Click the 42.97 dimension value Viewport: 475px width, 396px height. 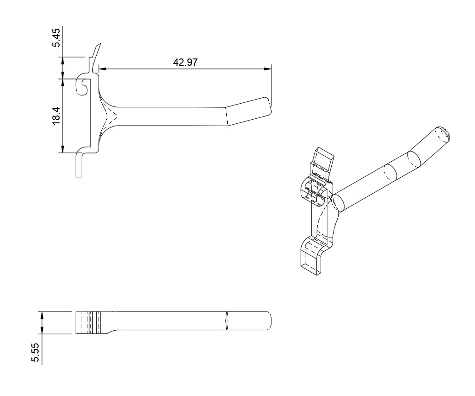(185, 63)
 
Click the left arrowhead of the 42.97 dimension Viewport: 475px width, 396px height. (102, 69)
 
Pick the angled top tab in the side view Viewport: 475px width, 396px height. (95, 53)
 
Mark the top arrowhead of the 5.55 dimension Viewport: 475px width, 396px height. (42, 314)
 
